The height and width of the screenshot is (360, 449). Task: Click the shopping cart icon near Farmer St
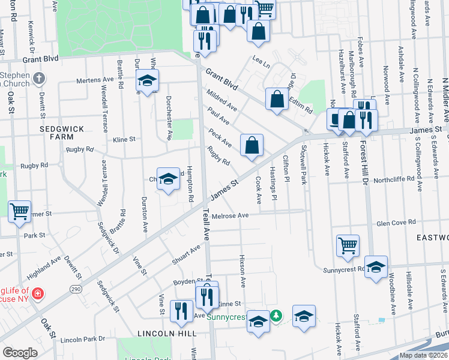click(x=20, y=211)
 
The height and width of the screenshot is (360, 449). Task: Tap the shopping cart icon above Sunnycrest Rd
click(x=348, y=245)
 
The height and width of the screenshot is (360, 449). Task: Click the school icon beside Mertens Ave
click(x=147, y=80)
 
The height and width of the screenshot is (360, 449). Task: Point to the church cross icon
click(x=38, y=78)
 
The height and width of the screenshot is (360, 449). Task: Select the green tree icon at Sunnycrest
click(x=276, y=314)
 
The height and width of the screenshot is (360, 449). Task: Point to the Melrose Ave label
click(x=230, y=215)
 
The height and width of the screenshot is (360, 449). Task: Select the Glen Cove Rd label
click(x=396, y=222)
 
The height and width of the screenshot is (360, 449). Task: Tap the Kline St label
click(x=124, y=139)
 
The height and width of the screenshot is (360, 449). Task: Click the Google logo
click(x=20, y=353)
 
